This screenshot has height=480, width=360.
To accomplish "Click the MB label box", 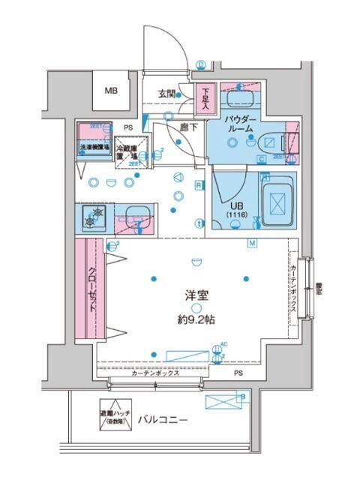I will [111, 91].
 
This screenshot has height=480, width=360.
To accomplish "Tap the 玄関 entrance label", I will [166, 94].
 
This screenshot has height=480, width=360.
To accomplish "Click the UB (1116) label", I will [237, 209].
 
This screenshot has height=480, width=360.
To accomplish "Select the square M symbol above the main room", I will [252, 243].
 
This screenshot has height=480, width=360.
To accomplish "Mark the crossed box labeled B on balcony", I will [226, 402].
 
